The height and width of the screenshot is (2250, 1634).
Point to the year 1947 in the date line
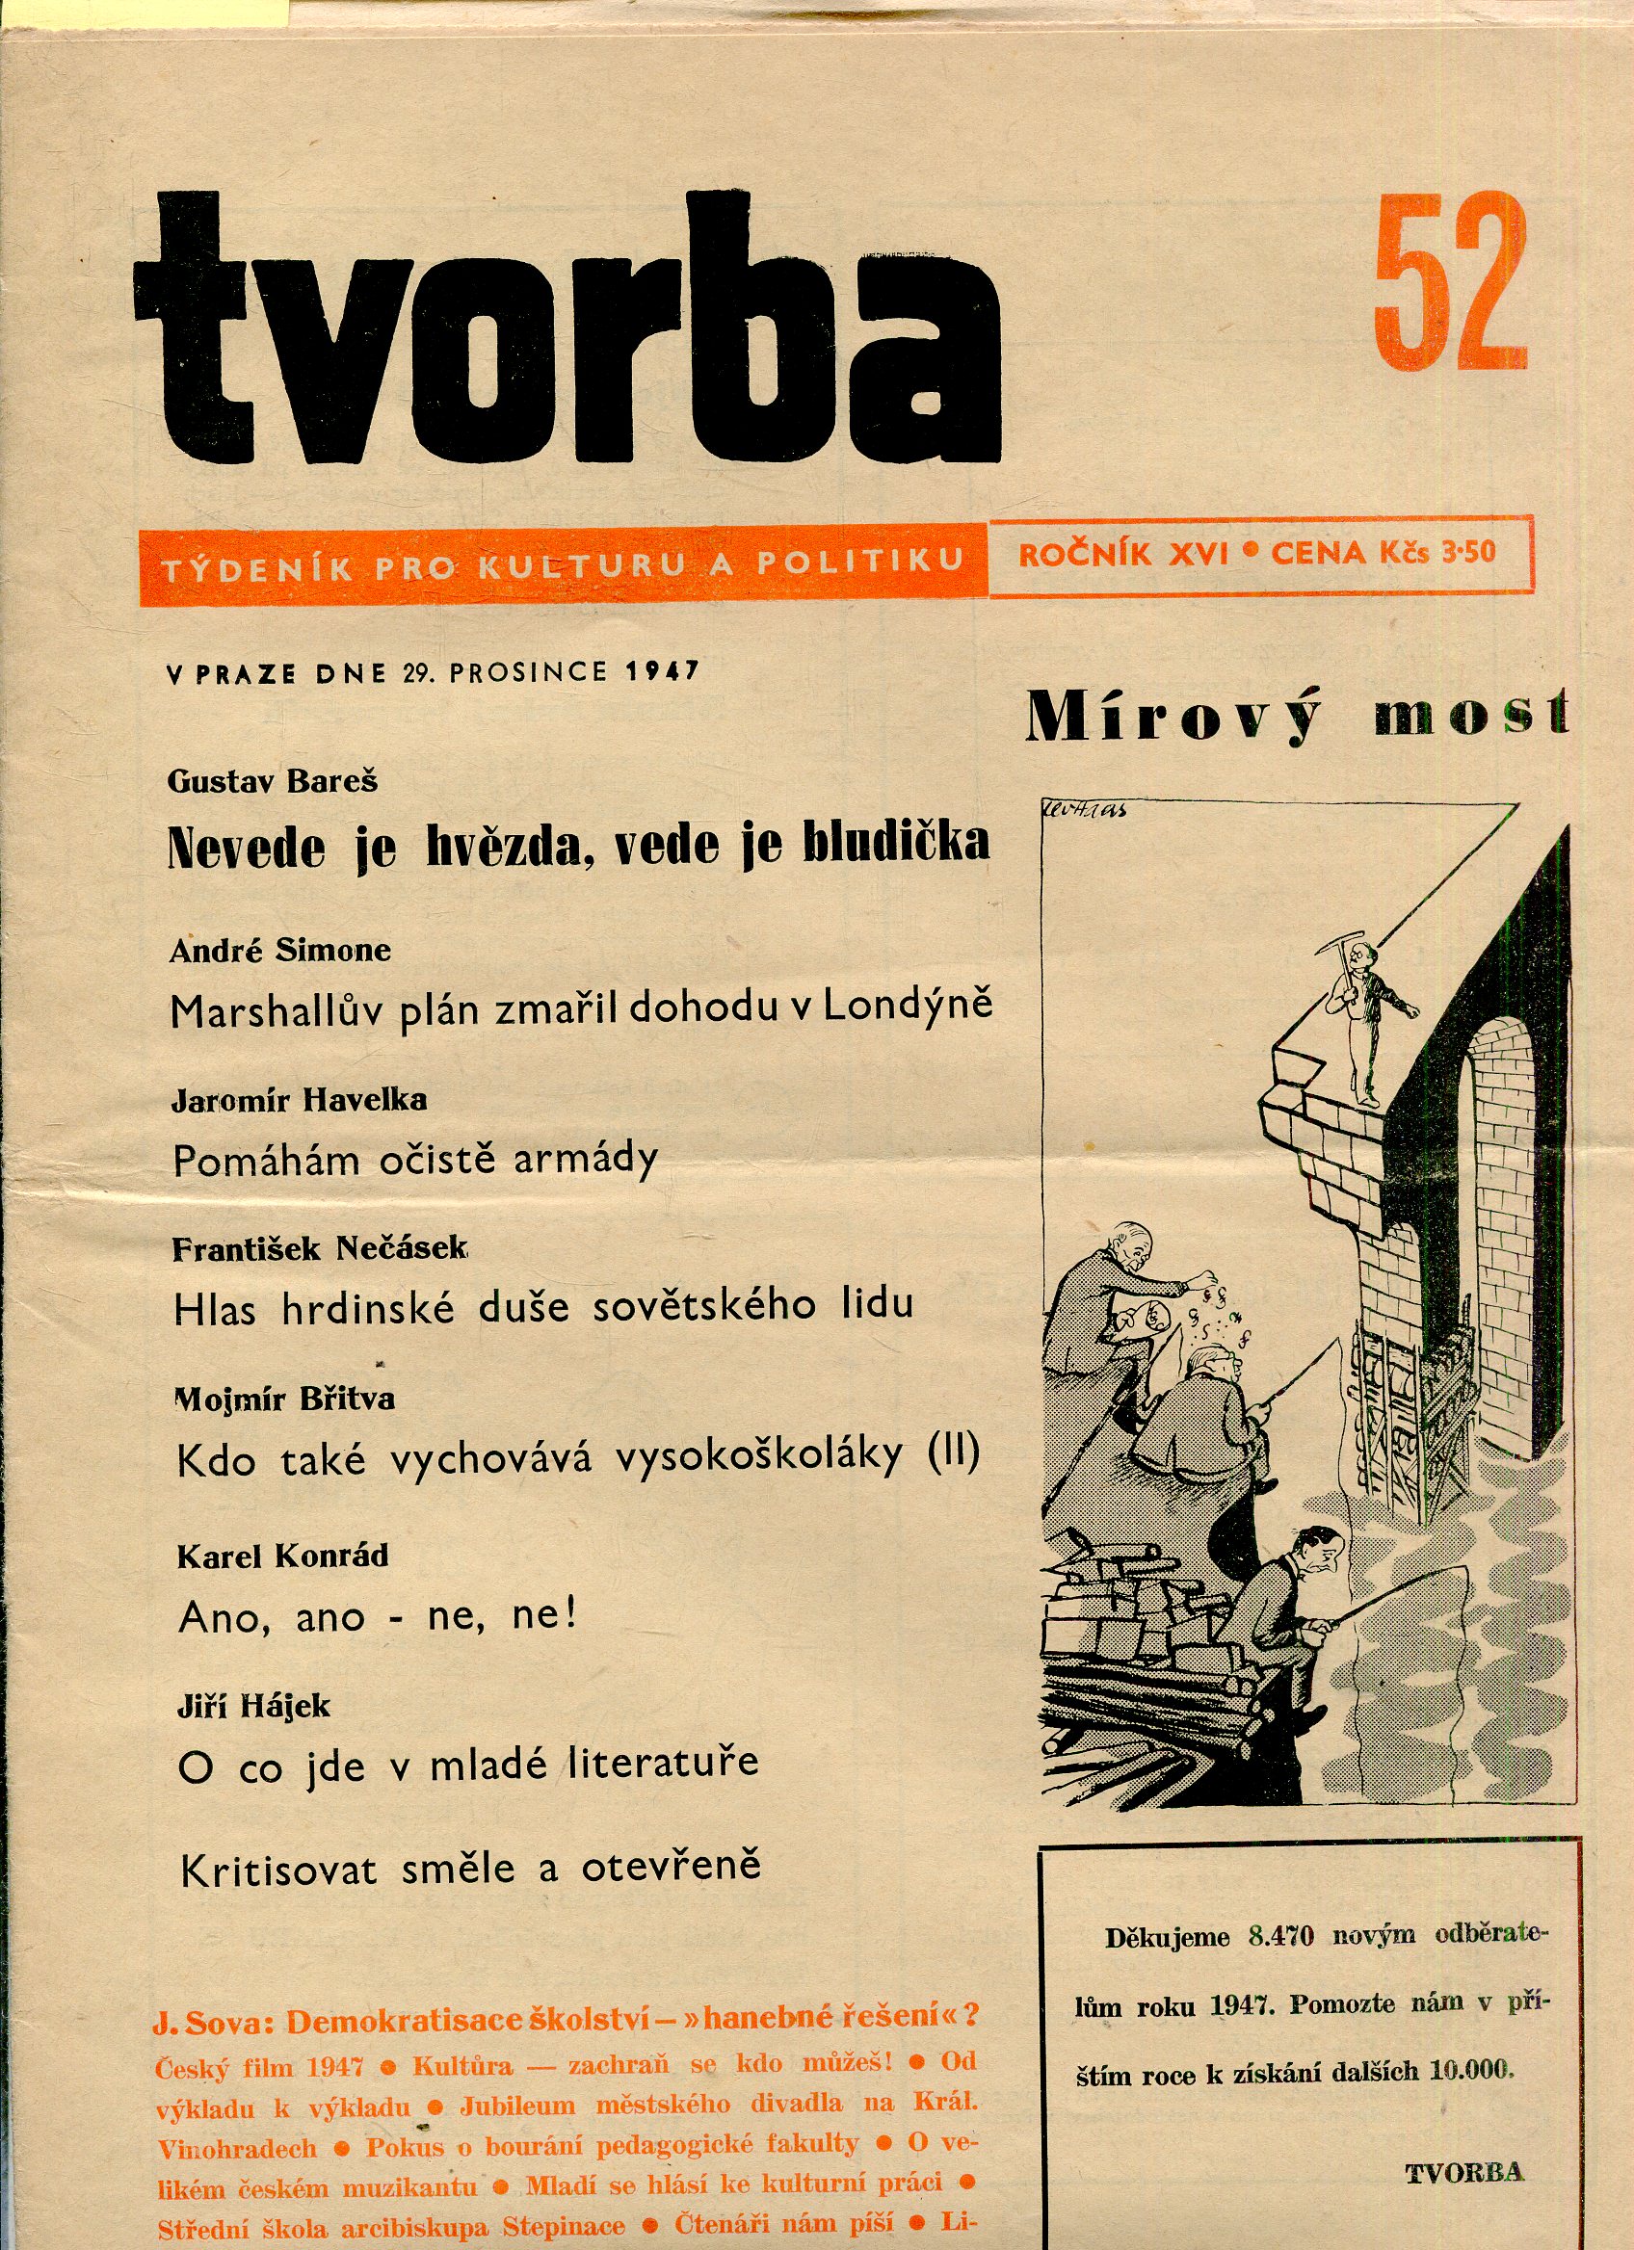click(x=662, y=671)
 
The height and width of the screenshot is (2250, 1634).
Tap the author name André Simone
click(x=279, y=951)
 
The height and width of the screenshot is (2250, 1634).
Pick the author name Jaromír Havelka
click(x=300, y=1099)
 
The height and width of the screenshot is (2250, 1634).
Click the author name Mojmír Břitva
click(x=286, y=1399)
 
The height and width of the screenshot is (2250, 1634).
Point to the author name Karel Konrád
click(x=282, y=1556)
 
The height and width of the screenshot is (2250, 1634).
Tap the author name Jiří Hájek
click(x=253, y=1707)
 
